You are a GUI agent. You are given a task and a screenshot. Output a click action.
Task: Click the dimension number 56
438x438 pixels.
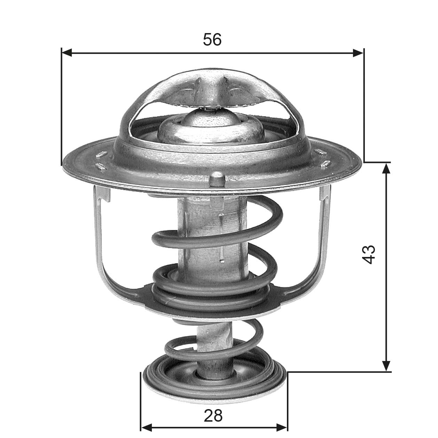click(x=212, y=40)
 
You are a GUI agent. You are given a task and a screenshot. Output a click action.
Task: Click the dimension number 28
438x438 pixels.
click(x=213, y=415)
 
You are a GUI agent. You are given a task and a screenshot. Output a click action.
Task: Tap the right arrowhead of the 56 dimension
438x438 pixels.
click(x=358, y=53)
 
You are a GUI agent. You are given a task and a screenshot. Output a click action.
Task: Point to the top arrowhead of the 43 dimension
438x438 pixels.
click(x=386, y=168)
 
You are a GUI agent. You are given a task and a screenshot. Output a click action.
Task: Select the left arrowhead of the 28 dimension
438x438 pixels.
click(x=146, y=427)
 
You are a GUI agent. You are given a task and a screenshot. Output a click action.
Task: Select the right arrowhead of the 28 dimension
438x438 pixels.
click(x=282, y=427)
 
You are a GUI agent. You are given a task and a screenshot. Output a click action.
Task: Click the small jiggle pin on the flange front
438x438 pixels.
click(x=218, y=178)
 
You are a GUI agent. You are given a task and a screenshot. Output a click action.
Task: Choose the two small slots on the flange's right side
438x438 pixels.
click(x=323, y=157)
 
